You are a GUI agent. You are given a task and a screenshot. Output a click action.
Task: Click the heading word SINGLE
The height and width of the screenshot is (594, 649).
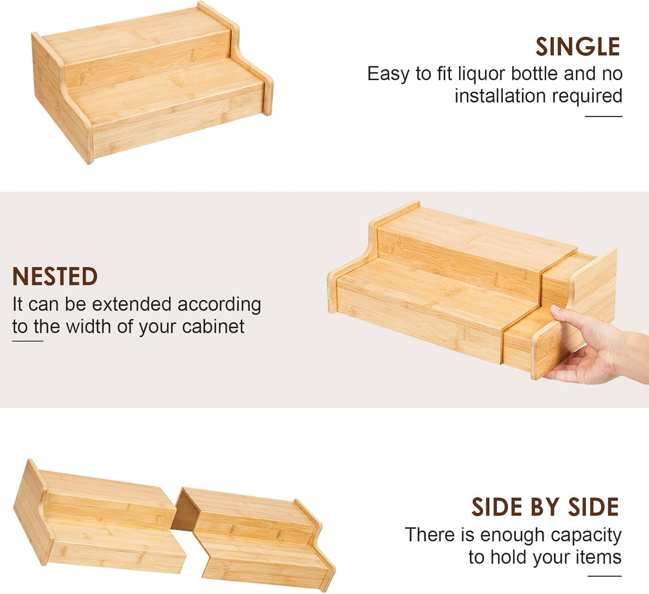[x=578, y=47]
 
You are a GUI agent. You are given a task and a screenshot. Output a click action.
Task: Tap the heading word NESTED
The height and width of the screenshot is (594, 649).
[x=55, y=277]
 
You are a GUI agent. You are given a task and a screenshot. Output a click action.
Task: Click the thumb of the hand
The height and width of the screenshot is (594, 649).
[x=565, y=315]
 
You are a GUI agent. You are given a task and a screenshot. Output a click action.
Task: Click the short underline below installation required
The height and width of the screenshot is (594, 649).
[x=603, y=116]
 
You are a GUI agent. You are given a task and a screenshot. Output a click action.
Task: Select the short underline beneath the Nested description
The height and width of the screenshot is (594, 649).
[x=27, y=341]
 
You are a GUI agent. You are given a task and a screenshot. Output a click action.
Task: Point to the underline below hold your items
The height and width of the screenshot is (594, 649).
[x=604, y=576]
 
